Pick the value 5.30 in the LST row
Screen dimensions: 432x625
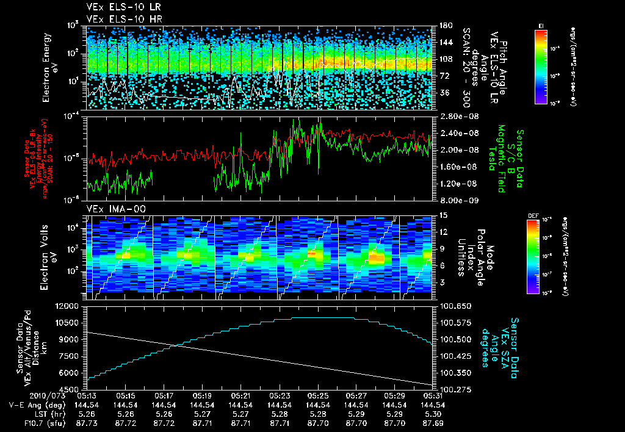(x=433, y=414)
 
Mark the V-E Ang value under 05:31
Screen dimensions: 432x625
(x=433, y=405)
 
